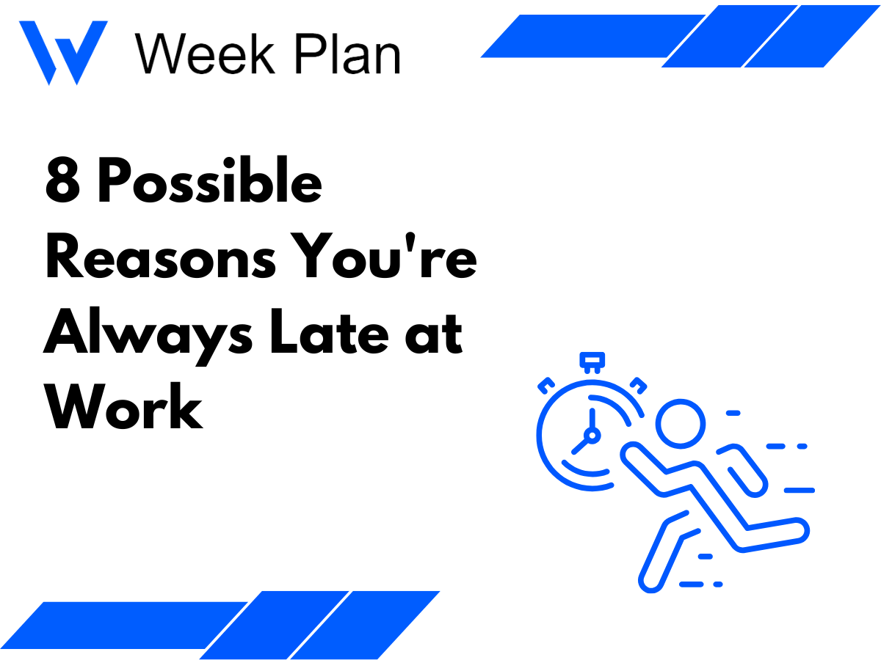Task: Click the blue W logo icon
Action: pos(63,52)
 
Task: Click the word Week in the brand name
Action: pos(205,54)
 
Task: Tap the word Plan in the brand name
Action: pos(347,54)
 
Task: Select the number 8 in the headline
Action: pos(62,180)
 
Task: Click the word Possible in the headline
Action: pos(210,180)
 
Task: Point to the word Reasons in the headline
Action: pos(161,256)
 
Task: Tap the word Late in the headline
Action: pos(330,331)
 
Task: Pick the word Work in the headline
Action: pos(123,406)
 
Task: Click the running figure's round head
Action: pos(681,424)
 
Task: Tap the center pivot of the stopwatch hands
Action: pos(592,435)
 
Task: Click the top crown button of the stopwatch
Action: pos(592,362)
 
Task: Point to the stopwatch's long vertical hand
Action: pos(592,419)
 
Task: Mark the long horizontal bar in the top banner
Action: pos(592,36)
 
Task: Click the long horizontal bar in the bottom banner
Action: pos(124,625)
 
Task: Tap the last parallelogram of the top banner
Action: pos(812,36)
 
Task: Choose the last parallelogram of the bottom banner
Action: pos(365,625)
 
